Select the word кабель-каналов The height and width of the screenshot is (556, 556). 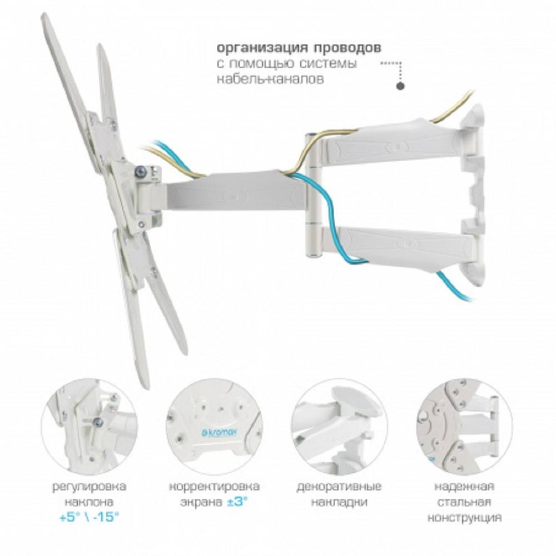tap(270, 79)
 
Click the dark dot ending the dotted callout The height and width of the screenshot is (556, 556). tap(400, 86)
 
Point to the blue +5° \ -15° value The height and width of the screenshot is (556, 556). tap(88, 517)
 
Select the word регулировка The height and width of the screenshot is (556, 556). tap(89, 487)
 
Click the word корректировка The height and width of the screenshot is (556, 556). tap(215, 487)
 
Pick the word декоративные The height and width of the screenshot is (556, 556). tap(339, 487)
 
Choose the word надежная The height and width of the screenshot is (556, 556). tap(464, 486)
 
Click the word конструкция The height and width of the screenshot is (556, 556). tap(464, 518)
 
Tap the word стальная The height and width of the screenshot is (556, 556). tap(464, 502)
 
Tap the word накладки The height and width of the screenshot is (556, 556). tap(339, 502)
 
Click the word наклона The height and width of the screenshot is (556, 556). tap(89, 502)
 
